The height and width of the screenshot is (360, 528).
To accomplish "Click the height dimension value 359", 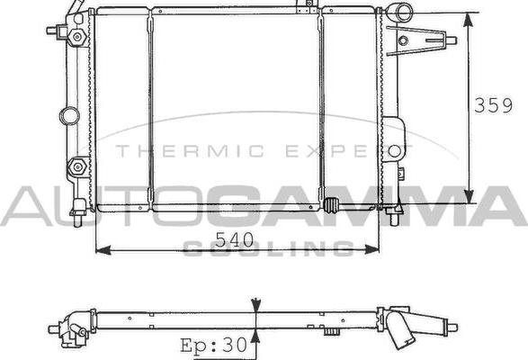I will click(494, 104).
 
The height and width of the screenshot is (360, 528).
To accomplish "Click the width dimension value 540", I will click(233, 240).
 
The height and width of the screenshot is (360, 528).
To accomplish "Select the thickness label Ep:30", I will click(214, 345).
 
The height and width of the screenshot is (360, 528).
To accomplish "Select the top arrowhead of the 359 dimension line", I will click(469, 19).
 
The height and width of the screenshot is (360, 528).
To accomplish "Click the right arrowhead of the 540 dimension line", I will click(376, 249).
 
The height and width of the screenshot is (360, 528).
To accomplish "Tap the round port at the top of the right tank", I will click(398, 13).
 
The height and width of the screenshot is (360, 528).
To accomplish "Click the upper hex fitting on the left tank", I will click(78, 36).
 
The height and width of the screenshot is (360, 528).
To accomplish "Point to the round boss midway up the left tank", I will click(69, 115).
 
